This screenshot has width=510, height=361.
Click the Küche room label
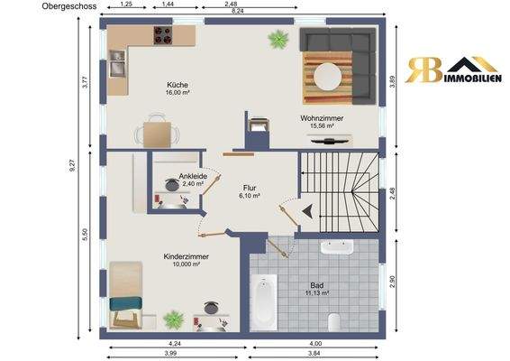(178, 85)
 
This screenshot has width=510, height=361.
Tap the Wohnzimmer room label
(322, 118)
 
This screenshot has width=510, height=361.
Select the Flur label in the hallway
(250, 188)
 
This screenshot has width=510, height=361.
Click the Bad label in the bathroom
(317, 286)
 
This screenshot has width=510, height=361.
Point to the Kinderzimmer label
(186, 256)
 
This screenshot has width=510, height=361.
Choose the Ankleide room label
(193, 176)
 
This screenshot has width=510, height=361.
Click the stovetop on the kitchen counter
(163, 35)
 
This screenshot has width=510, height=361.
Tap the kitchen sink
(117, 63)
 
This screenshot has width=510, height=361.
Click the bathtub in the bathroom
(264, 301)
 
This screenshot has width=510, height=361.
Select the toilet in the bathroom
(334, 322)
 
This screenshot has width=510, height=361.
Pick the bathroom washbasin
(337, 247)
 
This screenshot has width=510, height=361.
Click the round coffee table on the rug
(328, 77)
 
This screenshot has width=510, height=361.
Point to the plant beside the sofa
(278, 39)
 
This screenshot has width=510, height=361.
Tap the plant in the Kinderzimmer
(174, 319)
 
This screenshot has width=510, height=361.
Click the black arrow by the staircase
(307, 211)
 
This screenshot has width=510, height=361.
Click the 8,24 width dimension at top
(238, 11)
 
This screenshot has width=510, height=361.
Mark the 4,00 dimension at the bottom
(315, 344)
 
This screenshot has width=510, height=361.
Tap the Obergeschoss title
(69, 6)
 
